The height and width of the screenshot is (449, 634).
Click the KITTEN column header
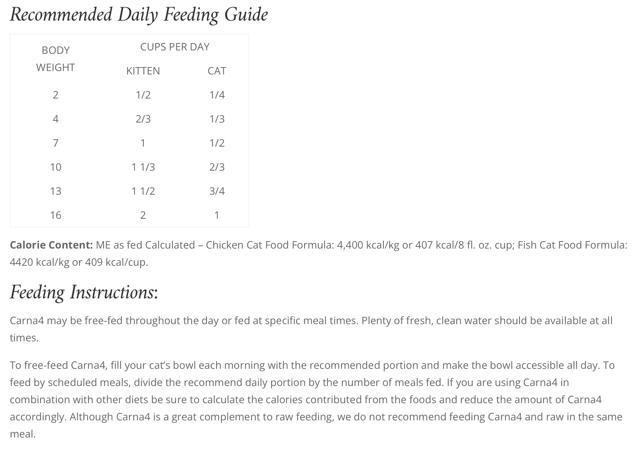point(143,71)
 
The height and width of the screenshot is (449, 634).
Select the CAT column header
point(217,71)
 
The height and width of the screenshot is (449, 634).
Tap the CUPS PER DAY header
point(175,47)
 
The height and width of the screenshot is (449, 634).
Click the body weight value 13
point(56,191)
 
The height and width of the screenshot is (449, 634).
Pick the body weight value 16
point(56,215)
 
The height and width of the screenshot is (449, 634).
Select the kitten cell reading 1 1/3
point(143,167)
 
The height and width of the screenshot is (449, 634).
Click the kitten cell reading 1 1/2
point(143,191)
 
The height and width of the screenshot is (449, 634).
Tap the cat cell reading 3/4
point(217,191)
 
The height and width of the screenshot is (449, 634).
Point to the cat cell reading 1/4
point(217,95)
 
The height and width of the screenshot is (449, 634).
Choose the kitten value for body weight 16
point(143,215)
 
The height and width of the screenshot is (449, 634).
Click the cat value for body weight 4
point(217,119)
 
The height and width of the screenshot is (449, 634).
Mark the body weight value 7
point(56,143)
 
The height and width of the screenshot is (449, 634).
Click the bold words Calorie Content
point(51,245)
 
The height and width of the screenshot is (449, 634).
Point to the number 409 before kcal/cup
point(94,262)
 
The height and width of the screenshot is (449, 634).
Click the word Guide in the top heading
point(246,14)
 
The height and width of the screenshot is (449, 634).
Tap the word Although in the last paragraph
point(91,417)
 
